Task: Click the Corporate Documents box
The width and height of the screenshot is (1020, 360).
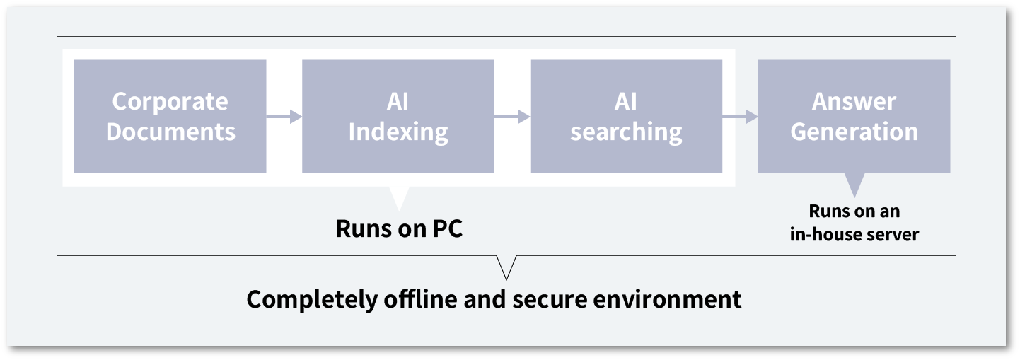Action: click(170, 116)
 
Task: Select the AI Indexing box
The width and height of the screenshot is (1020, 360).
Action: click(398, 116)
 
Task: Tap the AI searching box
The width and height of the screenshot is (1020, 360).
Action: click(625, 116)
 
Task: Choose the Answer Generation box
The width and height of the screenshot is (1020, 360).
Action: click(854, 116)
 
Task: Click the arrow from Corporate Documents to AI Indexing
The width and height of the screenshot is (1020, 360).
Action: click(284, 117)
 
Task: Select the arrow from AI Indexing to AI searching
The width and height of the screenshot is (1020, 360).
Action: click(512, 117)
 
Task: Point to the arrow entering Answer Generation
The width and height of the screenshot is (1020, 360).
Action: click(740, 117)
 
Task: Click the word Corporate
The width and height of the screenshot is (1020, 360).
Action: click(170, 102)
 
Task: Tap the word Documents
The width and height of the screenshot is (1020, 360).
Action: click(170, 132)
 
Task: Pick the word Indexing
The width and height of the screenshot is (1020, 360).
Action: click(398, 132)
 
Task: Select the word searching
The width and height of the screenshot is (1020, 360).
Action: click(626, 132)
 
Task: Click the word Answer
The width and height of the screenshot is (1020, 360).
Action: click(854, 102)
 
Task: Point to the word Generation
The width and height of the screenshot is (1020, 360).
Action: click(854, 132)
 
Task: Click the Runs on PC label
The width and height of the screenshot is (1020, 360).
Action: click(399, 229)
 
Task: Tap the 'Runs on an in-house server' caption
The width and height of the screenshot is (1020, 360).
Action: click(854, 223)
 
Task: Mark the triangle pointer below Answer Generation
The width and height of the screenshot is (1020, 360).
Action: click(854, 185)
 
